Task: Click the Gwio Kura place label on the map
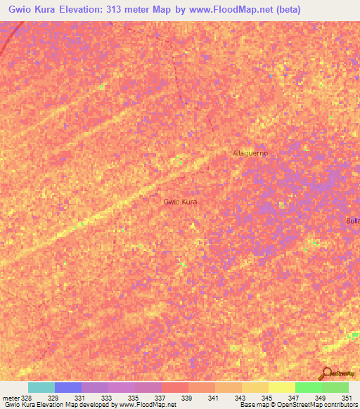point(180,202)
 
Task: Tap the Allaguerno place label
point(250,152)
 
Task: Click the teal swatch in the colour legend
point(41,387)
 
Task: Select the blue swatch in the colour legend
point(68,387)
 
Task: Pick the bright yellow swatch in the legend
point(282,387)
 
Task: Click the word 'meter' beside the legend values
point(11,398)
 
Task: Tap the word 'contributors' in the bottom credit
point(340,405)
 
